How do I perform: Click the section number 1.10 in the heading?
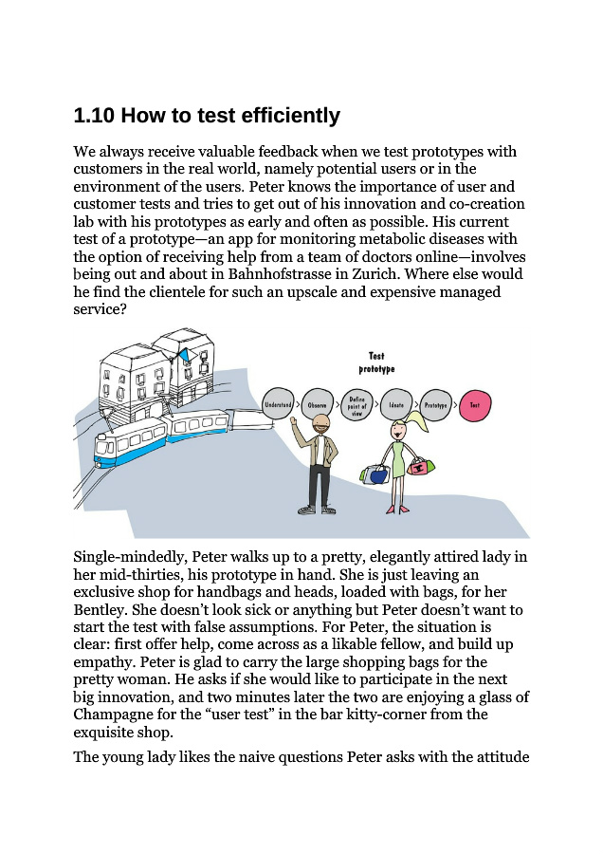click(x=94, y=116)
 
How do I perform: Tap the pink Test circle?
click(x=475, y=405)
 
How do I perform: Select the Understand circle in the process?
click(x=278, y=405)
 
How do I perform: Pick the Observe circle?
click(x=318, y=405)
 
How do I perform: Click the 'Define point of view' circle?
click(x=356, y=405)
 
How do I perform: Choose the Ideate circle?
click(x=396, y=405)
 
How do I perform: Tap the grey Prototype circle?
click(x=435, y=405)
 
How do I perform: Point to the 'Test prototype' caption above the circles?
click(x=376, y=362)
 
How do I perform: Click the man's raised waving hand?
click(x=296, y=429)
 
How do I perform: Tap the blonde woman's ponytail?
click(x=418, y=422)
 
